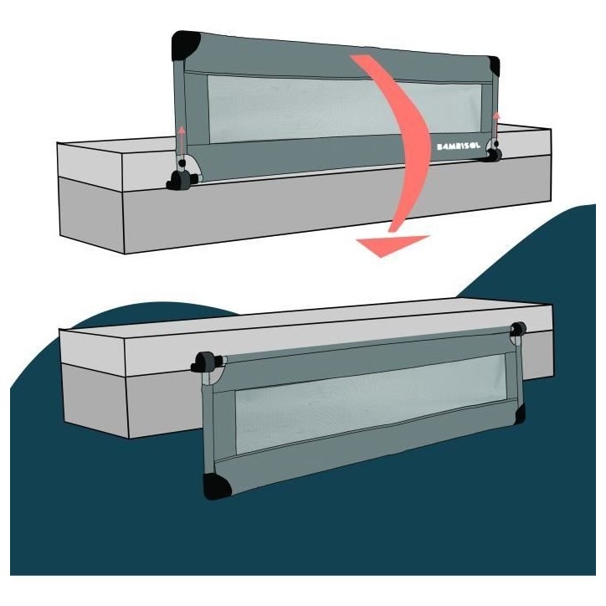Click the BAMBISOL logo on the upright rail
459,146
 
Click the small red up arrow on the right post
496,124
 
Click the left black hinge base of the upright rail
181,180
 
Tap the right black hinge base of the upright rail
494,155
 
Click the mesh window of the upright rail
344,108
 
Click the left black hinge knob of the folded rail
206,362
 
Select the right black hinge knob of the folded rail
518,329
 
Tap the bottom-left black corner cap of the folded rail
216,485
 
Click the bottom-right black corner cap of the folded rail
520,414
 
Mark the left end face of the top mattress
90,167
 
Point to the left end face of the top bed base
91,215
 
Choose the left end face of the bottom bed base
95,401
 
